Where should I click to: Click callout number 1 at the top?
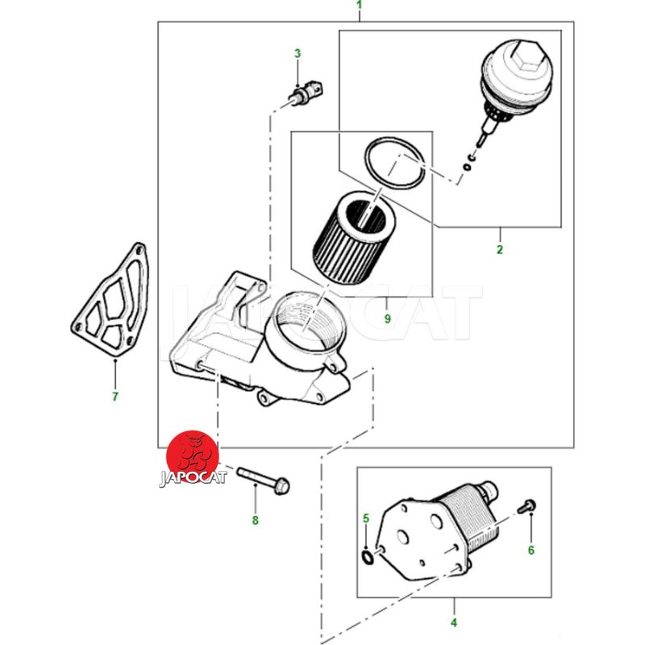360,6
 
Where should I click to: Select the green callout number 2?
500,250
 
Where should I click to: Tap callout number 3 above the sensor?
298,53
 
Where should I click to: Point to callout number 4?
454,622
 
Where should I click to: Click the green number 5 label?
366,518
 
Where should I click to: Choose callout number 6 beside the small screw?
531,551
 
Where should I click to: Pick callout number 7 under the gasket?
115,397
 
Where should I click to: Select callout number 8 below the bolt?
256,521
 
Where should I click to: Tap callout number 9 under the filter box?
388,318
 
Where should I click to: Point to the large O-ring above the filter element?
394,164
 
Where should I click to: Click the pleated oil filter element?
354,239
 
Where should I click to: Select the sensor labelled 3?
306,93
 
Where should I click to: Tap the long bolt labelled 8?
264,479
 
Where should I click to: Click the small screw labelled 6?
526,506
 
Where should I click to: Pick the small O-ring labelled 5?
368,558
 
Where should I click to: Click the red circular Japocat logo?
193,457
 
